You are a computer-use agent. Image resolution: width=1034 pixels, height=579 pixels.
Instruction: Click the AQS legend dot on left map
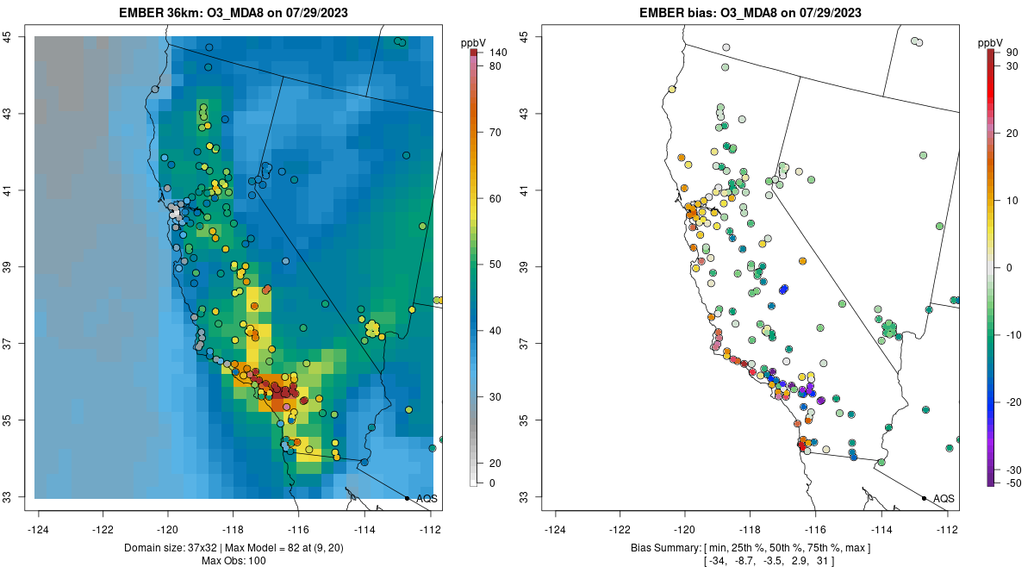[x=407, y=498]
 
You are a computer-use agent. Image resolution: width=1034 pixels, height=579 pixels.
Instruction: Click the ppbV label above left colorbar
[x=475, y=41]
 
